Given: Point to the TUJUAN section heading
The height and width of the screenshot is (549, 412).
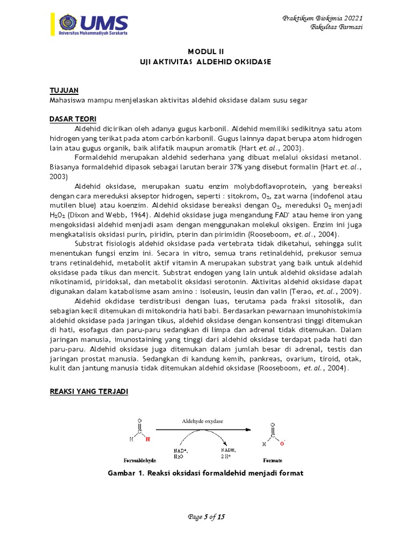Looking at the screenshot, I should (65, 91).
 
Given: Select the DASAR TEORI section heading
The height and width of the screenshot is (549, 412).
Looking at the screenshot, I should (72, 118).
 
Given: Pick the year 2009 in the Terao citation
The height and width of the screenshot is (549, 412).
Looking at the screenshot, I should (349, 292).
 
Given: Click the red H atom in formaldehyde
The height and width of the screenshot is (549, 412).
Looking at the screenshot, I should (149, 439).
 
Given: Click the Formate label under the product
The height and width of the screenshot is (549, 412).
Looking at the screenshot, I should (273, 460).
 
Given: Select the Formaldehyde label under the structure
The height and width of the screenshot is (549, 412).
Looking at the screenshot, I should (141, 460).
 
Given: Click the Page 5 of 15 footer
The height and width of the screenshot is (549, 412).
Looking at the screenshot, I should (205, 517).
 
